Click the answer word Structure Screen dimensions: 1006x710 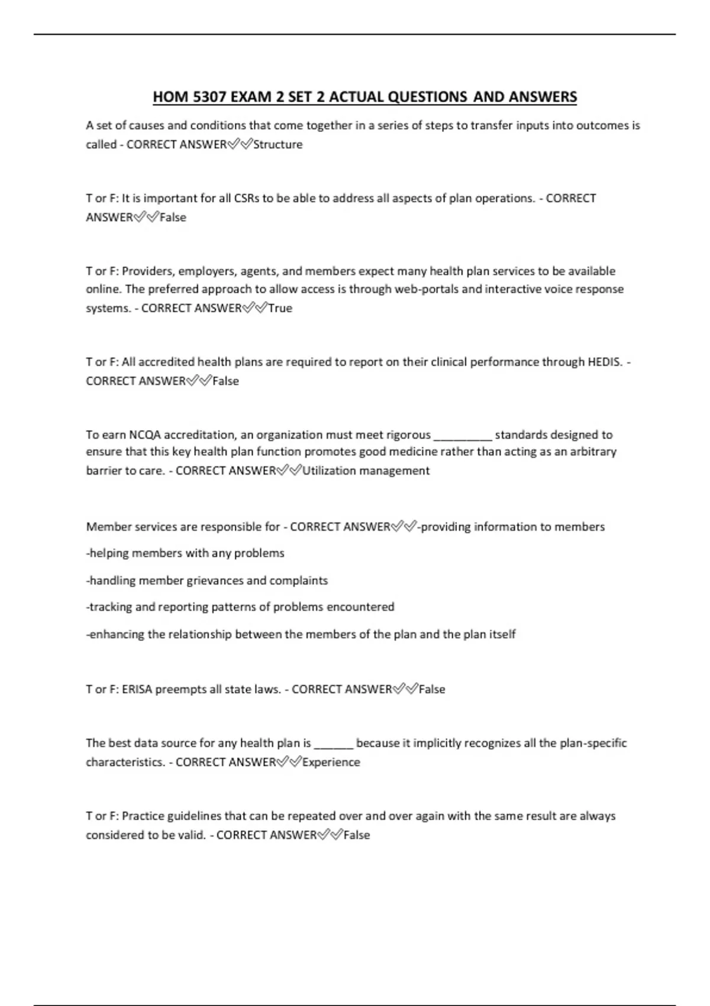[x=277, y=144]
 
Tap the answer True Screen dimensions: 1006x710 [x=280, y=308]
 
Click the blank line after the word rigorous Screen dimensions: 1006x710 [x=463, y=437]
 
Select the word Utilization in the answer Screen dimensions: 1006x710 [x=329, y=471]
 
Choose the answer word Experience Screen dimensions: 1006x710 [x=331, y=762]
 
